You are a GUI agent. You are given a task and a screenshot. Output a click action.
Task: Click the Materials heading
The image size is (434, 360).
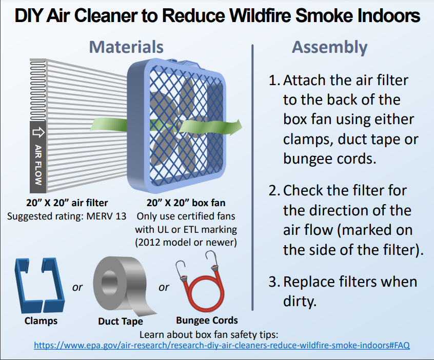tap(126, 47)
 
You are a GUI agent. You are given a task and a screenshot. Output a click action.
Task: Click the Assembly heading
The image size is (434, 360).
tap(330, 48)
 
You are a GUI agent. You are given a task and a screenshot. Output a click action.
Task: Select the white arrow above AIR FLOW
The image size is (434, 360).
tap(38, 132)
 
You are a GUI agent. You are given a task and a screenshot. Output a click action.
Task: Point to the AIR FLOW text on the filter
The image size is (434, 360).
tap(38, 165)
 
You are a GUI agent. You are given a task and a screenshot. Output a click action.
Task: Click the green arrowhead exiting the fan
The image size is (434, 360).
tap(236, 127)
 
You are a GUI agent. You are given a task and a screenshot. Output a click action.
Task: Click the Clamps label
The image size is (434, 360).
tap(41, 321)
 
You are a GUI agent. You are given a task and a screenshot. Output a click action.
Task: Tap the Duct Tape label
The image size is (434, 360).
tap(121, 321)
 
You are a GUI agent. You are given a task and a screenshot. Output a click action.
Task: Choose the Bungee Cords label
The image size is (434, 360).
tap(207, 320)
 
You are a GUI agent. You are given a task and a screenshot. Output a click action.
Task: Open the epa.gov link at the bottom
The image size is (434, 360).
tap(222, 345)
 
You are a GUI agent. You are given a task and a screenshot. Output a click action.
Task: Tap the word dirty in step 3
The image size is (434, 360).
tap(300, 301)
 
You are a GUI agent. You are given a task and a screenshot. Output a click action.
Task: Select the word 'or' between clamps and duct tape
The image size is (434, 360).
tap(77, 288)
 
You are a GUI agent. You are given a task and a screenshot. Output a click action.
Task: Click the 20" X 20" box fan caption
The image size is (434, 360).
tap(186, 203)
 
